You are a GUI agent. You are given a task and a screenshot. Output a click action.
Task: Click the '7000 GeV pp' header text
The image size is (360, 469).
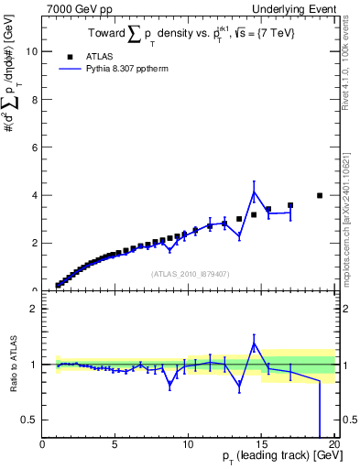[x=74, y=8]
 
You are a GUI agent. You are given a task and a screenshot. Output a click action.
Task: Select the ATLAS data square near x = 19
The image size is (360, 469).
[x=320, y=195]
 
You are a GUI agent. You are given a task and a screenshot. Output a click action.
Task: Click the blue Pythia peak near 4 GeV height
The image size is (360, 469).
[x=254, y=192]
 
